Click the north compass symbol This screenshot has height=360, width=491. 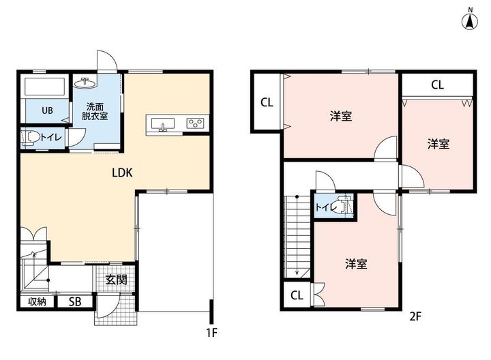470,20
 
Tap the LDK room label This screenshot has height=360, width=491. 122,172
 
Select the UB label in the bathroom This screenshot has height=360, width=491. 47,110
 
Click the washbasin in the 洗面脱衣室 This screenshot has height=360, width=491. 85,83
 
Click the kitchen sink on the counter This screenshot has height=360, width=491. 163,124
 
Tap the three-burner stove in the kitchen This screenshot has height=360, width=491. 196,123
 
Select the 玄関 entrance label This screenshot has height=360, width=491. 116,280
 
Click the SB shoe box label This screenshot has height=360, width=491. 75,301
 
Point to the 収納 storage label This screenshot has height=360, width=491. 38,301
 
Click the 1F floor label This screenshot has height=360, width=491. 211,333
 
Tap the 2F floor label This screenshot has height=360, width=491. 415,317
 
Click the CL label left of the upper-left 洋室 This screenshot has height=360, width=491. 267,102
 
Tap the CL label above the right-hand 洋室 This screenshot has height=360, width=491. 437,85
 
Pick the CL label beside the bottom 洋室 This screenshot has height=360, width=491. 297,295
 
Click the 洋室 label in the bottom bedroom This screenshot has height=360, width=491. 357,264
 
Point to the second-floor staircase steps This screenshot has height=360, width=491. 297,237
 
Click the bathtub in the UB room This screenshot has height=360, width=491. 45,87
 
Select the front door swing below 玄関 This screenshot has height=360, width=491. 108,305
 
